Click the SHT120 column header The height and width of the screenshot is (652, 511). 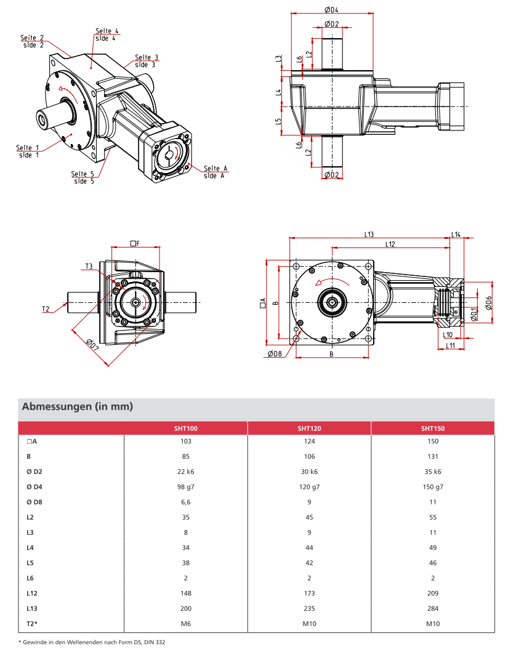click(309, 428)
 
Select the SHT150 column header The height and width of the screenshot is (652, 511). click(432, 428)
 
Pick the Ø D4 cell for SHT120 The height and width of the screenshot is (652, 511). click(309, 486)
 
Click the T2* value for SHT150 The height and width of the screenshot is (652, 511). click(432, 623)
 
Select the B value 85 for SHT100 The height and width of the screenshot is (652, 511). click(186, 456)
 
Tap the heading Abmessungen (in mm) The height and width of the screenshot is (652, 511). click(78, 407)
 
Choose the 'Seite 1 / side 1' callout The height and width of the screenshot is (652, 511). click(27, 151)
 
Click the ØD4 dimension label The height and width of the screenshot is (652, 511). click(331, 9)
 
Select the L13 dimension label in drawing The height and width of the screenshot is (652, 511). click(369, 234)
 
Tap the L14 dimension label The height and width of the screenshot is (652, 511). click(456, 234)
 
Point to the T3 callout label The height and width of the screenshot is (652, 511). click(89, 266)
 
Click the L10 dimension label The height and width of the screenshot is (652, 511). click(448, 334)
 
